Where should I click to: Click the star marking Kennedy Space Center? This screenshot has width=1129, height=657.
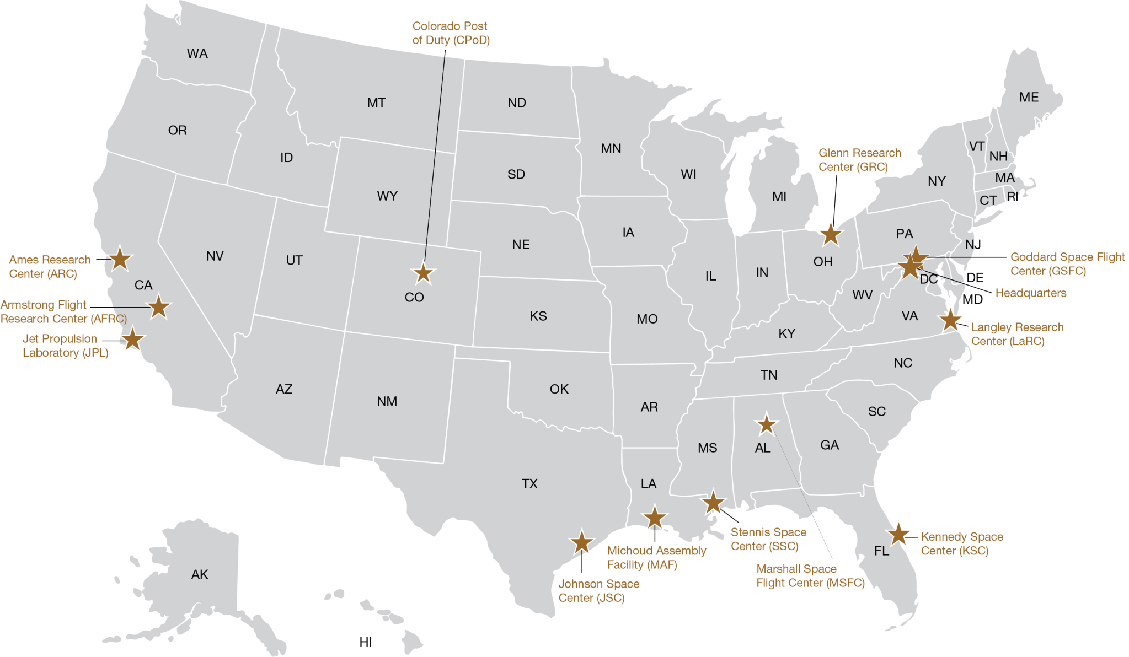898,534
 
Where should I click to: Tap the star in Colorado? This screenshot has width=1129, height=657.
423,273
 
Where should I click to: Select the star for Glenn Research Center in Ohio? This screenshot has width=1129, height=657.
831,234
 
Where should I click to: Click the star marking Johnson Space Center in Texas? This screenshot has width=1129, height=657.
582,543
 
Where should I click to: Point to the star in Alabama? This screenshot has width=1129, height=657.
766,424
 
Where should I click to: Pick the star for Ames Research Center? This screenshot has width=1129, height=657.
120,259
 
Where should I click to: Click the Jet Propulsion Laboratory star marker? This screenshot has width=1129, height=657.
132,340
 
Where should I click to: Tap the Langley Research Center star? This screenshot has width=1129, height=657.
950,320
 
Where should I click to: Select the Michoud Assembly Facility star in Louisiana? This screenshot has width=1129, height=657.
655,518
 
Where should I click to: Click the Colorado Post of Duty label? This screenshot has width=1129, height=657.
451,33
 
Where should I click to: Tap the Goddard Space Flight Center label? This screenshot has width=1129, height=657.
1067,264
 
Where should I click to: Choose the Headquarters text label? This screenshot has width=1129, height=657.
1030,293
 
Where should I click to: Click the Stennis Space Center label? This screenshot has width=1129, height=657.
768,539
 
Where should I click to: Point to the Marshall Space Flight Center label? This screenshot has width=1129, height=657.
810,576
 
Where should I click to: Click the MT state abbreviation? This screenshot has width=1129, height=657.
376,103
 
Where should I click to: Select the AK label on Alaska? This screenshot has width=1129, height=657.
200,574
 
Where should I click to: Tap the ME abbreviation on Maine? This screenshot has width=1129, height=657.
1029,98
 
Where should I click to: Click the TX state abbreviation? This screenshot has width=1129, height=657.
529,484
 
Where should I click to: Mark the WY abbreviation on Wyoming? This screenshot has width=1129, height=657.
387,196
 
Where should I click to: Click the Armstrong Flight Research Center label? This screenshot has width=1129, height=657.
62,312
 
